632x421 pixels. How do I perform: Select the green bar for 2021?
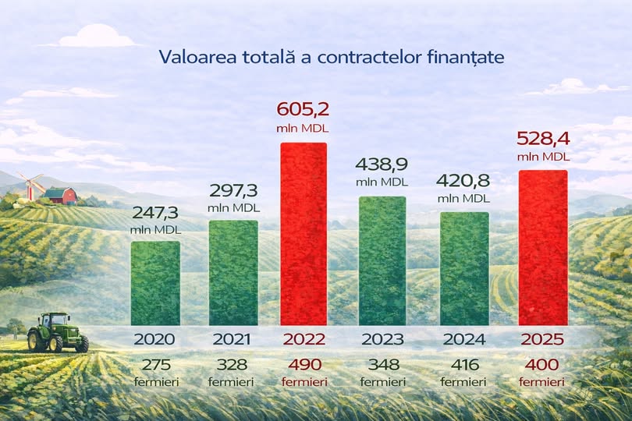coord(233,272)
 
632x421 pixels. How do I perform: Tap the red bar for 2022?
coord(304,234)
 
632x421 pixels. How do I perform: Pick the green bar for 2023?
coord(382,260)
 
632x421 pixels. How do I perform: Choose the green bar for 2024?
coord(464,268)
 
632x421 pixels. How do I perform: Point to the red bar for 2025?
coord(543,247)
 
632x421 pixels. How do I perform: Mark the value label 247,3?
coord(154,212)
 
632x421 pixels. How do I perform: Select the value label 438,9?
coord(382,165)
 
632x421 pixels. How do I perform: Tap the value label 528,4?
coord(543,140)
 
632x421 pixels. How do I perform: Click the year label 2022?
coord(304,339)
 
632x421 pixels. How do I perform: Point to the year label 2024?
coord(464,339)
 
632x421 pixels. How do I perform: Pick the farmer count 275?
coord(154,365)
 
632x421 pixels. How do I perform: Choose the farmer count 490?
coord(304,365)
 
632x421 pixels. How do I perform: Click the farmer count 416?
coord(464,365)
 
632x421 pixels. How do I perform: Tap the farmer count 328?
coord(233,365)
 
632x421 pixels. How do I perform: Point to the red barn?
coord(61,195)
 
